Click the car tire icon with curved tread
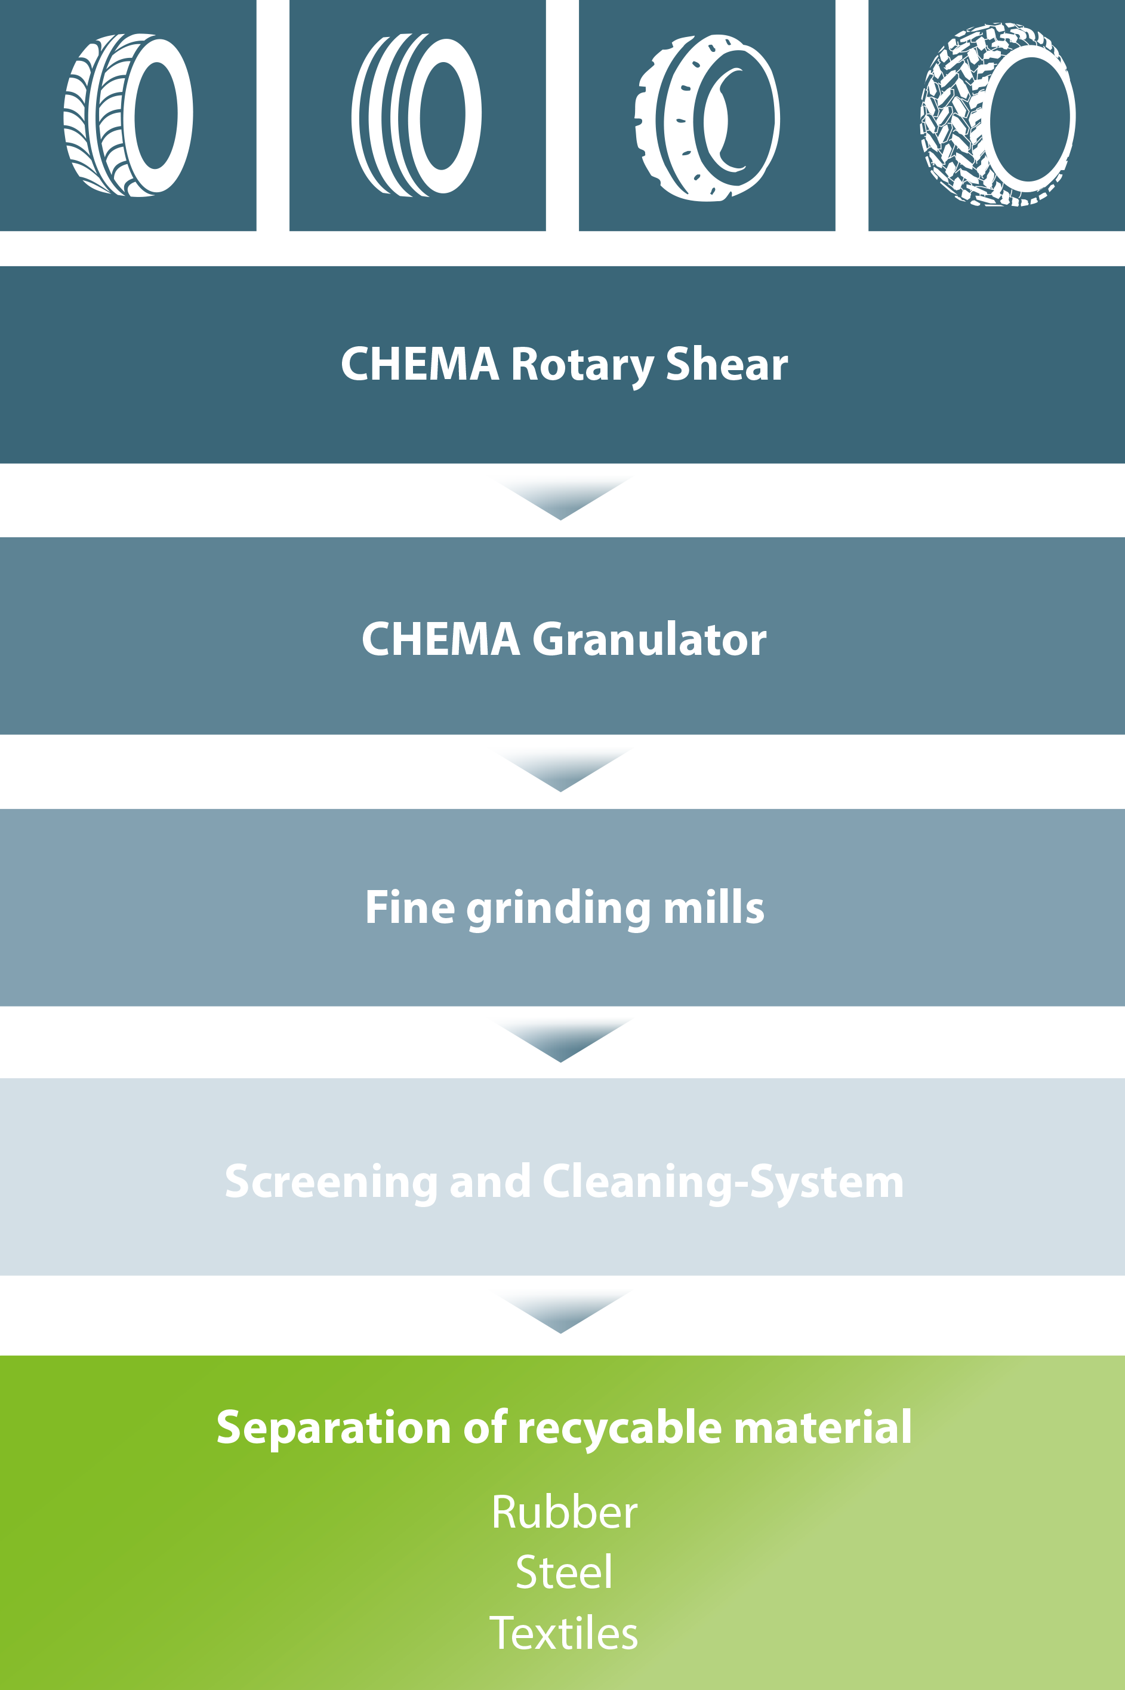coord(128,115)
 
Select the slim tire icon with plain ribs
coord(416,115)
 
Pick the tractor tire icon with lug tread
coord(998,115)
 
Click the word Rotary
coord(582,366)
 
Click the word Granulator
coord(649,639)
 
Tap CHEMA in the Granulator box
coord(440,639)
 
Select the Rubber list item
coord(565,1513)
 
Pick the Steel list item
coord(565,1572)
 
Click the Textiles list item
coord(564,1633)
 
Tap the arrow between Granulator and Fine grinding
coord(561,769)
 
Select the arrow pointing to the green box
coord(561,1311)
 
